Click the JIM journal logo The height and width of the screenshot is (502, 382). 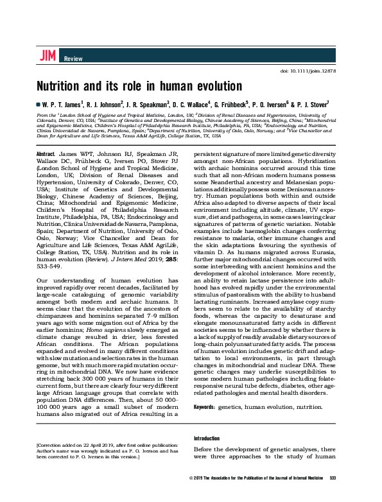pyautogui.click(x=48, y=56)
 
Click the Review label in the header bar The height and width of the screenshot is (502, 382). pyautogui.click(x=73, y=59)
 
